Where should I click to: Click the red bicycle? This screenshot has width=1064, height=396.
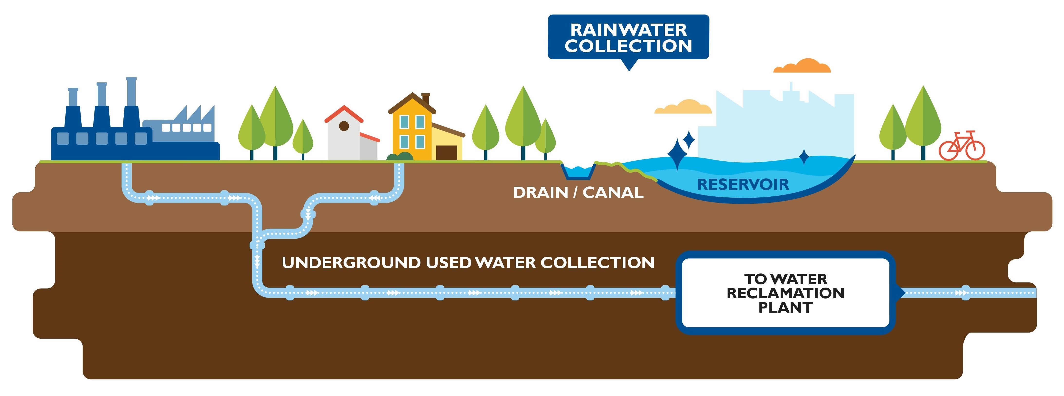tap(961, 146)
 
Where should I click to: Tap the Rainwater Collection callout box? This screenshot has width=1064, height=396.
tap(628, 37)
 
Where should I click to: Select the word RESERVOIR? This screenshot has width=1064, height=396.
tap(743, 185)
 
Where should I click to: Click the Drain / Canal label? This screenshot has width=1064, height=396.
tap(578, 193)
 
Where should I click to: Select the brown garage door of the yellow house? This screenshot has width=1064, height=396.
tap(447, 153)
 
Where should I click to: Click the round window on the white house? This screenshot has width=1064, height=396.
tap(344, 126)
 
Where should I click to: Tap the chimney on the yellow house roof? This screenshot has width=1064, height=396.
tap(425, 99)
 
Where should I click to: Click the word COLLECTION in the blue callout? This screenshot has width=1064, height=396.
tap(628, 46)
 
